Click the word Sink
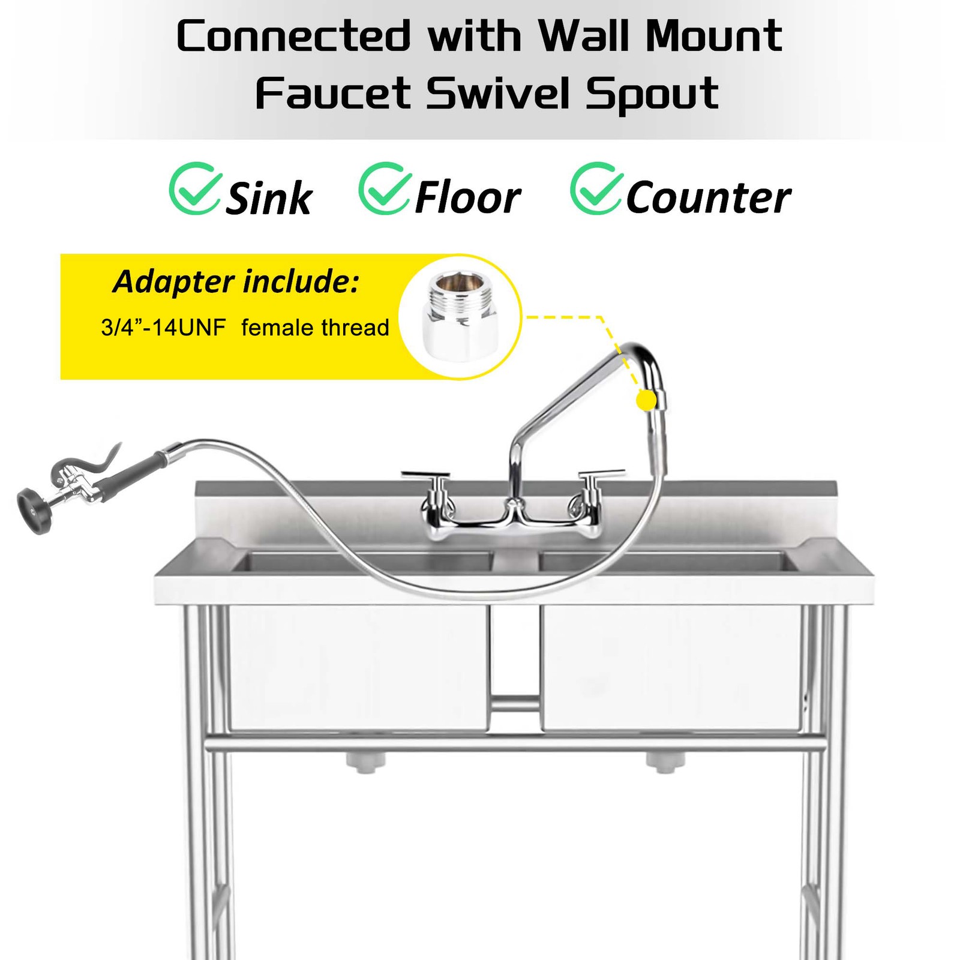(268, 199)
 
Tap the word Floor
(468, 197)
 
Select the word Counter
(709, 197)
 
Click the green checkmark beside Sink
(194, 188)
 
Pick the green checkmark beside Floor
(385, 188)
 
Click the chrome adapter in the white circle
(461, 314)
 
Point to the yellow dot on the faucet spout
(646, 400)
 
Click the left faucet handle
(425, 476)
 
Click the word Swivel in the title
(499, 94)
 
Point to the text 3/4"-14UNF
(163, 328)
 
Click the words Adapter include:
(236, 281)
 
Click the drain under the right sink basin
(665, 761)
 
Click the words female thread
(315, 328)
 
